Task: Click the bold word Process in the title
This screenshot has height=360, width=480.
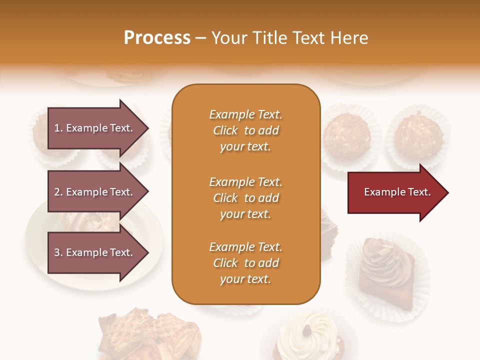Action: coord(157,38)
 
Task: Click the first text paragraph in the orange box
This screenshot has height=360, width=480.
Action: coord(245,130)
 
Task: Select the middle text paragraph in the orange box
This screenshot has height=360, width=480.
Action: coord(245,198)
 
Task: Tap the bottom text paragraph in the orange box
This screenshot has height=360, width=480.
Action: coord(245,263)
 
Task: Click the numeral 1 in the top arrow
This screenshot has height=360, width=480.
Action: coord(57,128)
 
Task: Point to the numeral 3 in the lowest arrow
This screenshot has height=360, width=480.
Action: coord(57,252)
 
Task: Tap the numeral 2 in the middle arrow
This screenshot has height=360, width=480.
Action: coord(57,192)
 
